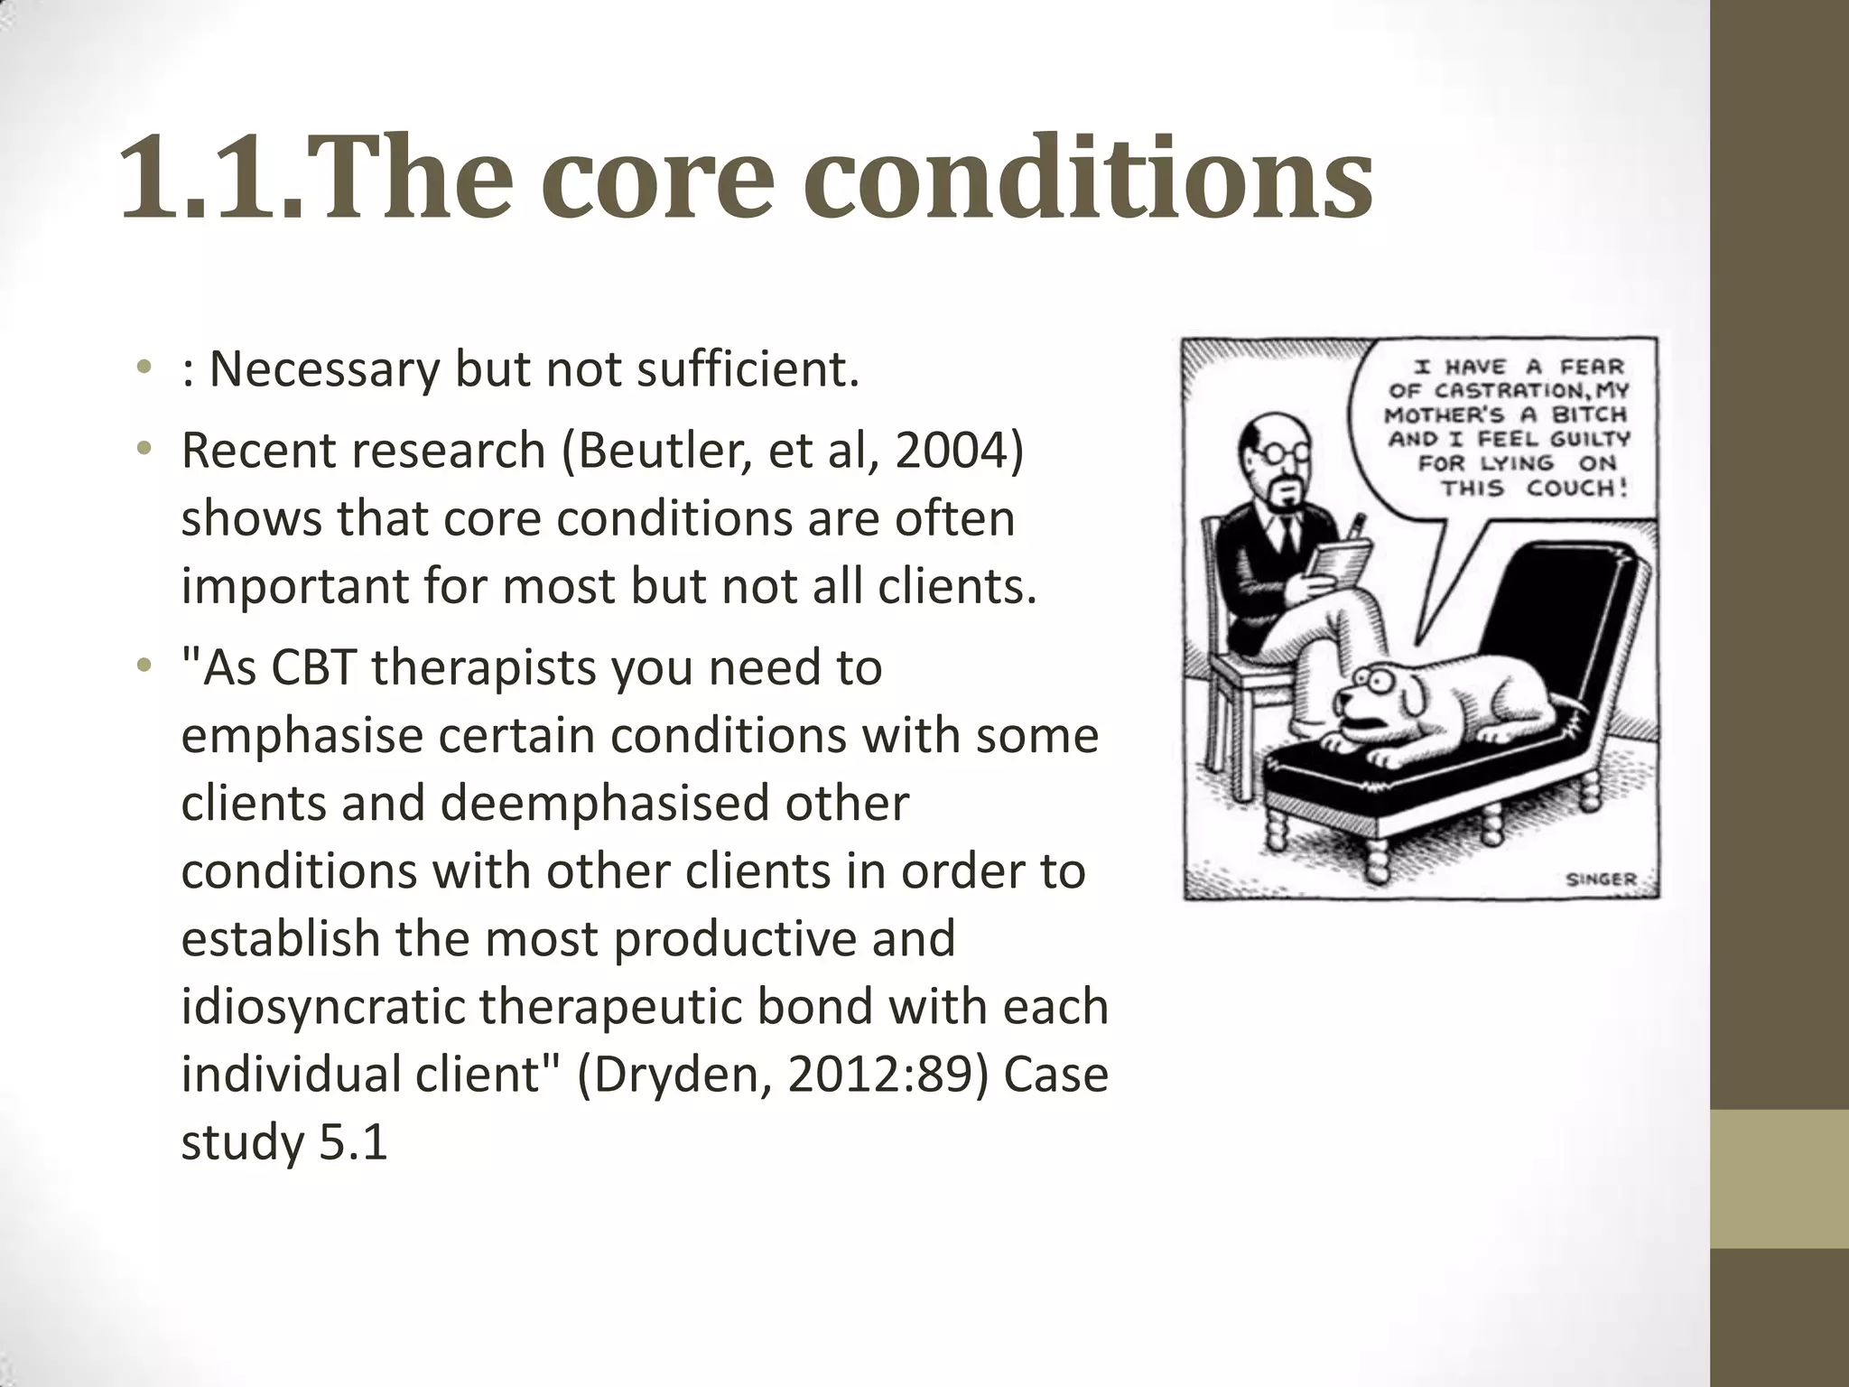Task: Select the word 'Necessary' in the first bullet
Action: click(x=323, y=369)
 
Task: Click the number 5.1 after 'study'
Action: click(x=353, y=1142)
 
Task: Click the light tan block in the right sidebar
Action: click(x=1779, y=1179)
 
